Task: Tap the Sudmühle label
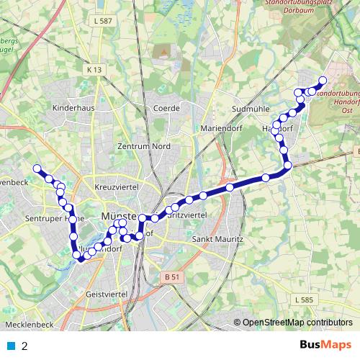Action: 248,108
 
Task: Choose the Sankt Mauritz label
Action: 217,238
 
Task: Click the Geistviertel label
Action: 106,295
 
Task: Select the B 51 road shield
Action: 171,276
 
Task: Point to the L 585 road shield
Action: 305,298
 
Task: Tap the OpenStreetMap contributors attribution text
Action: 297,323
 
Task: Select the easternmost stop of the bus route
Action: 323,81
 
